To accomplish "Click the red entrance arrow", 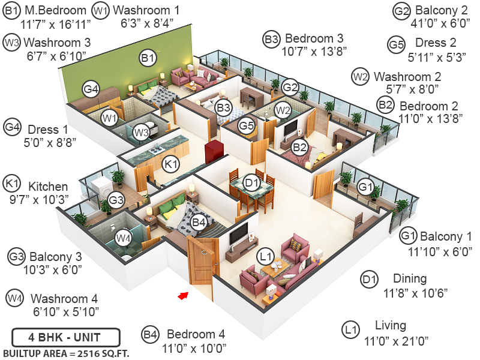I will (x=184, y=295).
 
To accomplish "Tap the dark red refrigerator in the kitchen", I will (x=214, y=153).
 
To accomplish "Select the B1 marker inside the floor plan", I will (x=148, y=58).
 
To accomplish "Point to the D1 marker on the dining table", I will (x=253, y=182).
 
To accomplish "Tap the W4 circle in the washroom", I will (x=123, y=238).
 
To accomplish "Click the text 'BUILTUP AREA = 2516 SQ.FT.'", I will (x=66, y=353).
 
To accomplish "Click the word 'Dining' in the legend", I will (x=410, y=278).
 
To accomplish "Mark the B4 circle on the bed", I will (x=199, y=223).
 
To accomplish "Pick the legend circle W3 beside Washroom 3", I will (x=11, y=43).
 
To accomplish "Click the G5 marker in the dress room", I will (x=246, y=127).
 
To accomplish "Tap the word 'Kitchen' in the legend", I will (x=49, y=186).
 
